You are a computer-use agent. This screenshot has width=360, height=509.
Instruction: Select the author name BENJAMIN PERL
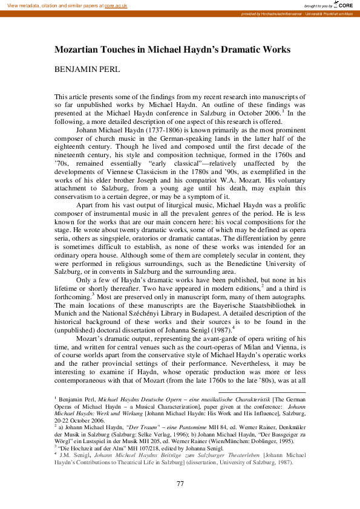[87, 70]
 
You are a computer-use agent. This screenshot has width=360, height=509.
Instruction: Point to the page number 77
[180, 484]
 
